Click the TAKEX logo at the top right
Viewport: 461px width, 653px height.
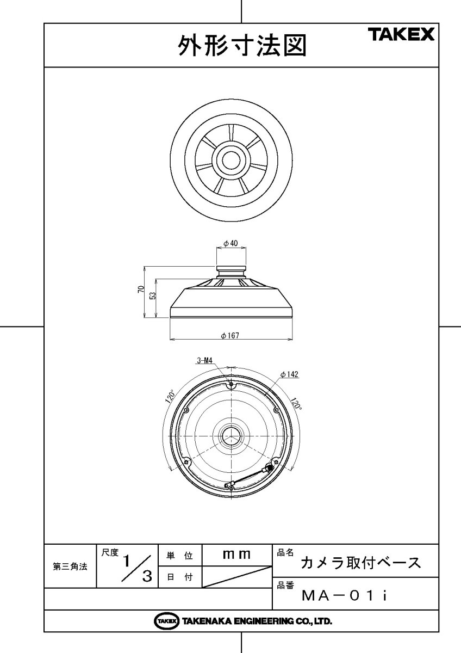(x=402, y=34)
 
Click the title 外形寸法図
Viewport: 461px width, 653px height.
(x=242, y=46)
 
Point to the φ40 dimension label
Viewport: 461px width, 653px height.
(x=230, y=243)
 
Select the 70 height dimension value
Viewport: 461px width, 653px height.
(x=141, y=289)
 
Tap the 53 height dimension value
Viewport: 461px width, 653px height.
(x=153, y=295)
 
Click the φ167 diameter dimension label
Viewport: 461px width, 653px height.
(x=230, y=336)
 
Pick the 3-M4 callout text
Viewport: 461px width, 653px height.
(x=205, y=361)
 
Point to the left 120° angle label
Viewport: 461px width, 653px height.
(x=171, y=397)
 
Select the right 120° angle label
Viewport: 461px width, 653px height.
(x=296, y=403)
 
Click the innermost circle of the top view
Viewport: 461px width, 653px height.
(x=231, y=161)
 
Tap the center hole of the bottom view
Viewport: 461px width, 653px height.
(x=231, y=436)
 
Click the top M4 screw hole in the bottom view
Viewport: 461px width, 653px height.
(x=231, y=385)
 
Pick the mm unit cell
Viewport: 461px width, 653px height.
(x=237, y=554)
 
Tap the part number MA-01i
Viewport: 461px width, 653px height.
(x=345, y=596)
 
